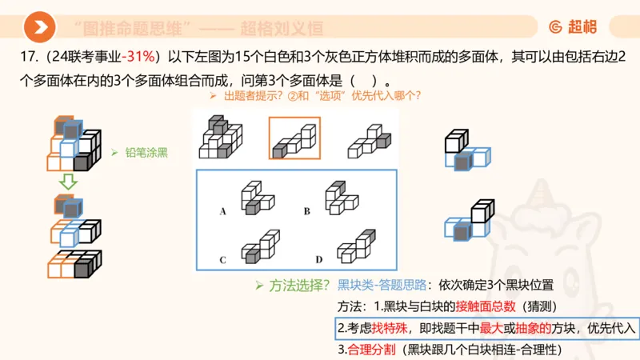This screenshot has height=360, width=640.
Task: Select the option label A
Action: (223, 212)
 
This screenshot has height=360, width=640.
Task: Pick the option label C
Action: (223, 261)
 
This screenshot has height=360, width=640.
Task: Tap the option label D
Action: (318, 261)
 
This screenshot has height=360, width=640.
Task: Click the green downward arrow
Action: (69, 182)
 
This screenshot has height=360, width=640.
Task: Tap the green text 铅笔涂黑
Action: (146, 152)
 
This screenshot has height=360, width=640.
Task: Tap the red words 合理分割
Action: (369, 349)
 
